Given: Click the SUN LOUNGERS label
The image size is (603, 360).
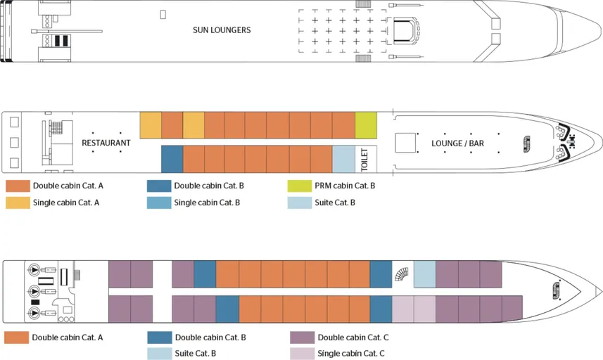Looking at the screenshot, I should [x=222, y=30].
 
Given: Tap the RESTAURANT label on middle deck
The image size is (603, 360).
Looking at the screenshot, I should [x=106, y=143].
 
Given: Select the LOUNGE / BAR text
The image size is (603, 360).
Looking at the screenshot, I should [x=457, y=143].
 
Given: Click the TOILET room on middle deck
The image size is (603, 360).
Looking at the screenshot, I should [x=364, y=159].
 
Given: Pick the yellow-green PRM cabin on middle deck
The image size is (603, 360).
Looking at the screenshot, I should [x=365, y=125].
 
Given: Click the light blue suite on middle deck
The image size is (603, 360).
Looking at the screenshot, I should [x=343, y=159].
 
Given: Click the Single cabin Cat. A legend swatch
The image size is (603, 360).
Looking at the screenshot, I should [x=18, y=203].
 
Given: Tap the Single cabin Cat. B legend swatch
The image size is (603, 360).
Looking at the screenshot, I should [x=159, y=203].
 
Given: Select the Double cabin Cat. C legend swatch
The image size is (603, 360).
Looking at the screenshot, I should [x=302, y=337].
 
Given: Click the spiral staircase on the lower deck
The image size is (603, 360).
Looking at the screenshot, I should [x=402, y=273].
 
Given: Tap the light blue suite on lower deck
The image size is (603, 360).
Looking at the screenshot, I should [x=424, y=274].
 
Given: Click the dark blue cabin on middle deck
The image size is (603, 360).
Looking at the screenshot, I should [x=172, y=159].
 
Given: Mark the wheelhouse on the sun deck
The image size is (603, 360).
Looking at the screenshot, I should [x=404, y=30].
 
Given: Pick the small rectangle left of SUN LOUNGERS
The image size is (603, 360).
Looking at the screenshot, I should [x=163, y=13].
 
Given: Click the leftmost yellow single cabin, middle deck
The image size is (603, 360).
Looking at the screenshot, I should [x=151, y=125].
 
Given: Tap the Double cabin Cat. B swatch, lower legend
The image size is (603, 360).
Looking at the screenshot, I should [x=159, y=337].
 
